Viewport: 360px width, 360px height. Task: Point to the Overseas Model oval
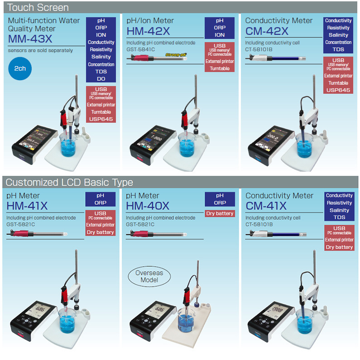click(149, 276)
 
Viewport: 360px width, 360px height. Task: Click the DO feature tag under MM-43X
click(101, 79)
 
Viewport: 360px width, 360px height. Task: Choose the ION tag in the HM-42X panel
click(220, 35)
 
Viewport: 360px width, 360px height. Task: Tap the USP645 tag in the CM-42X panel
click(338, 90)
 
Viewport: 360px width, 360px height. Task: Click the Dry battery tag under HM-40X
click(220, 213)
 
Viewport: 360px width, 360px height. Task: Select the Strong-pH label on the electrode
click(176, 54)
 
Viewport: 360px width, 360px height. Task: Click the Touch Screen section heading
click(38, 7)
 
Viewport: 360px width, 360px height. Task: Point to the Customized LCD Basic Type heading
click(69, 182)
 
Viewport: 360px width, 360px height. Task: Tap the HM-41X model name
click(27, 206)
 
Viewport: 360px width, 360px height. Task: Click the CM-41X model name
click(266, 206)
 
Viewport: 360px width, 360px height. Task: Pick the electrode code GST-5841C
click(139, 49)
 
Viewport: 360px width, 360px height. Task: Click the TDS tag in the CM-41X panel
click(339, 217)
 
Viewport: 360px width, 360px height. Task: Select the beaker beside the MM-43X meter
click(68, 144)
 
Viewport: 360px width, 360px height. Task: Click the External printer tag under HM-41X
click(100, 225)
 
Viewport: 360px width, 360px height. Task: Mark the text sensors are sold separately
click(40, 50)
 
